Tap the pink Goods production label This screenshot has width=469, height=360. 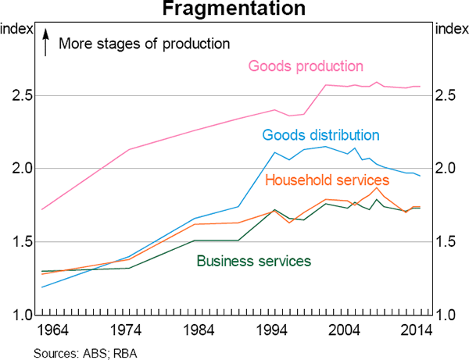point(306,66)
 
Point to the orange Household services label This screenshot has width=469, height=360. point(328,180)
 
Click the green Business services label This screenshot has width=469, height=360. point(254,260)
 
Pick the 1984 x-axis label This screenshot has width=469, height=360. point(201,330)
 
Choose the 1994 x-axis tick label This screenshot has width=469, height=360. point(274,330)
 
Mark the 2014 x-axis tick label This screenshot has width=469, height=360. point(417,330)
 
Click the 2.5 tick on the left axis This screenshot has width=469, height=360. point(17,95)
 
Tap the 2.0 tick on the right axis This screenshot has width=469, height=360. point(451,169)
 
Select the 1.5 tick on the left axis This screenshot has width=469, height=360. point(17,242)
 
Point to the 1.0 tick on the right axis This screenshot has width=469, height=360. point(451,315)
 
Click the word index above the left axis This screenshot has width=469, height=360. point(17,29)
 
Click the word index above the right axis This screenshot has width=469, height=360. point(450,29)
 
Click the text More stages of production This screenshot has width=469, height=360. point(145,43)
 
